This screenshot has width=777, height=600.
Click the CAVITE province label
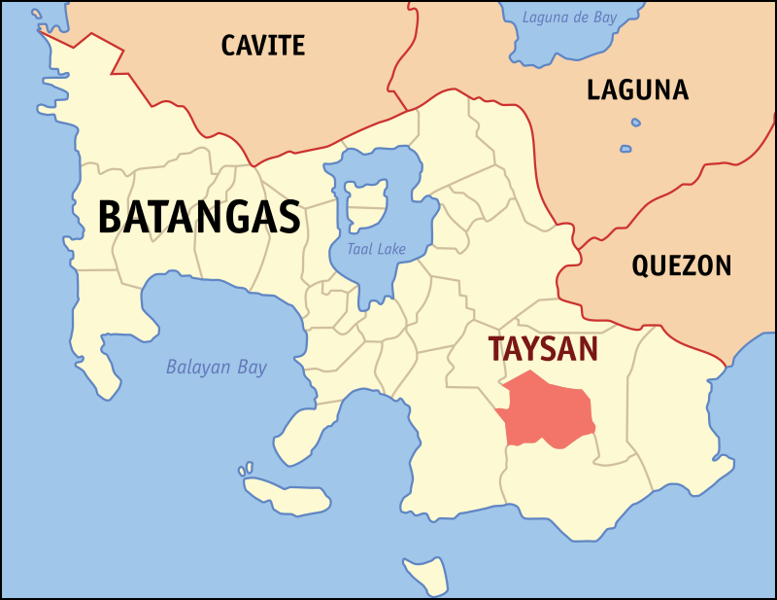pos(262,45)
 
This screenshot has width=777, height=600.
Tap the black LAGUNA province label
pos(637,90)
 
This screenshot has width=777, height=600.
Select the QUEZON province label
pos(681,265)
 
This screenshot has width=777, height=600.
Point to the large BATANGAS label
pos(199,217)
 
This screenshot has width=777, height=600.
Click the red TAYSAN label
pos(543,349)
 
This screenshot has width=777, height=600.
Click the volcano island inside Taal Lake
pos(367,198)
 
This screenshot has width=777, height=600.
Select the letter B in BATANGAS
pos(111,217)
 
